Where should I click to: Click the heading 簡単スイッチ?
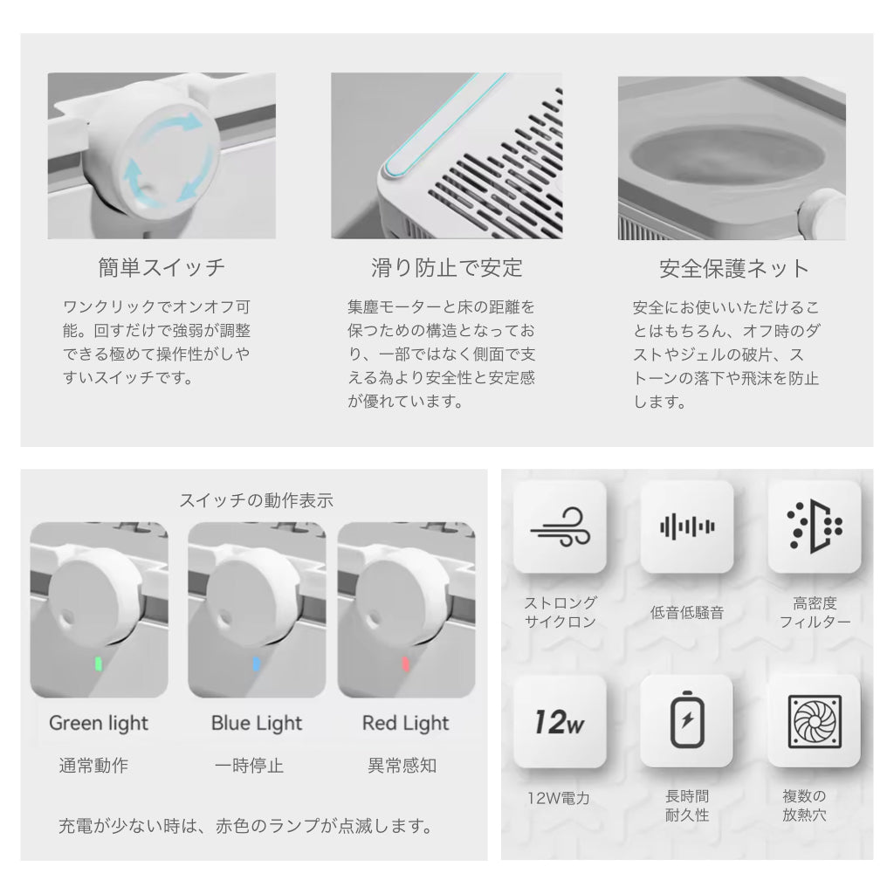[162, 267]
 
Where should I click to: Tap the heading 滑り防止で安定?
[446, 267]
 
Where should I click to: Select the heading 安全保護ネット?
[733, 269]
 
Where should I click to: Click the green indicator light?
[99, 664]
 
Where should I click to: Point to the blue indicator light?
[256, 664]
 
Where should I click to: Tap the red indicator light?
[405, 664]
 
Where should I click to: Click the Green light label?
[99, 724]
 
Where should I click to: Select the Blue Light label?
[257, 724]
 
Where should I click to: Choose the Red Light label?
[405, 724]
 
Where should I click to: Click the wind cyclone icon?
[560, 526]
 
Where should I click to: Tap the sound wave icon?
[687, 526]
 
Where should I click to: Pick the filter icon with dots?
[815, 526]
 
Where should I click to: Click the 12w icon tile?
[560, 721]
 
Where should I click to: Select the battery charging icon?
[687, 719]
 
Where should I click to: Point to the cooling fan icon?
[815, 721]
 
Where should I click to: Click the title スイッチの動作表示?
[257, 500]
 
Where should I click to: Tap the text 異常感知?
[402, 765]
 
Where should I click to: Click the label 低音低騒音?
[687, 613]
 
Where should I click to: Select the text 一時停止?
[249, 765]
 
